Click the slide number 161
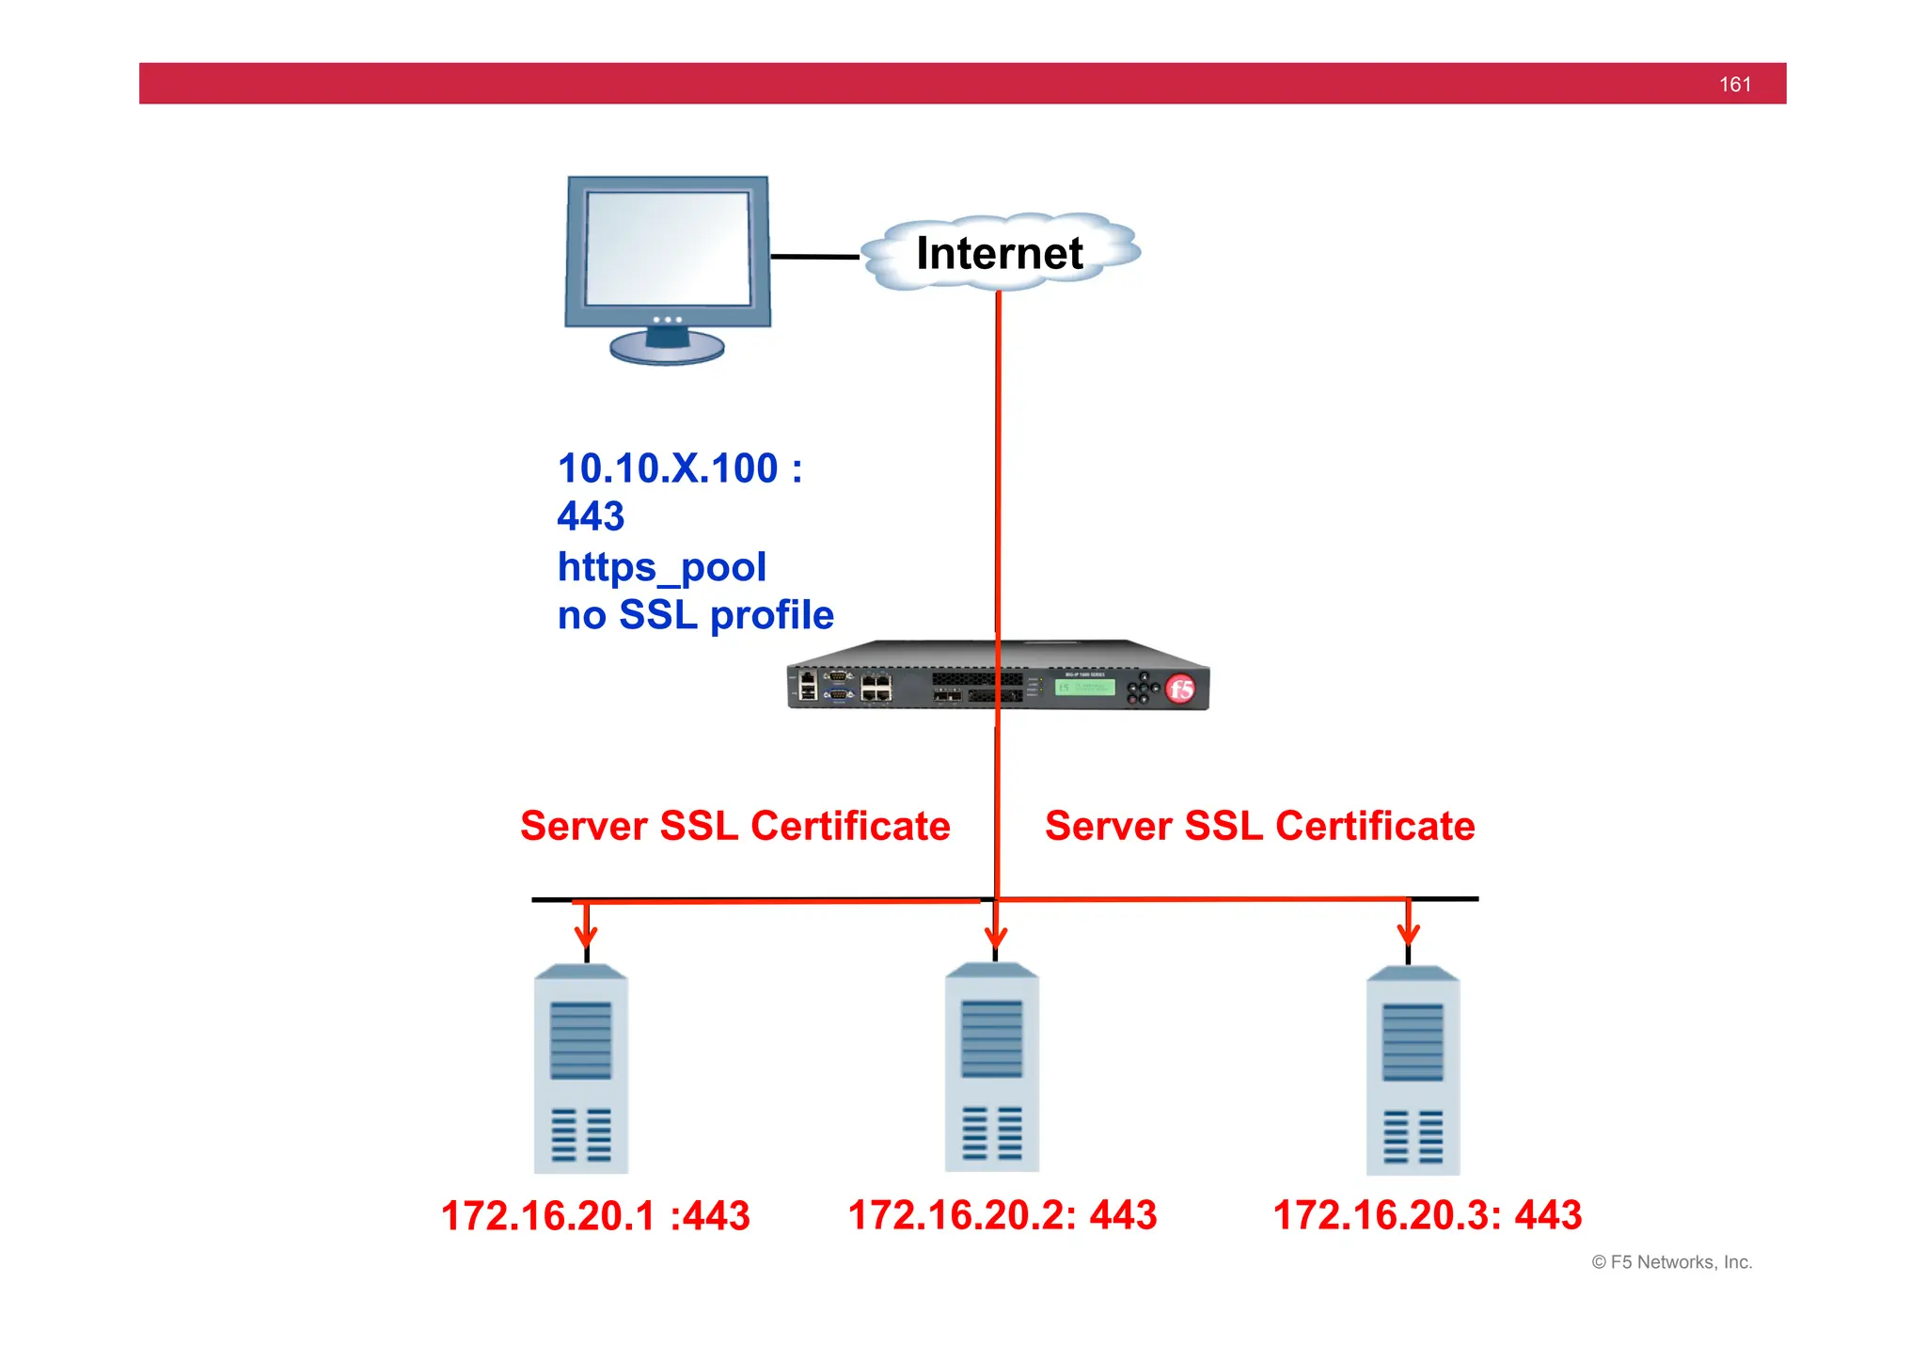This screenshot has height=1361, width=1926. (1734, 85)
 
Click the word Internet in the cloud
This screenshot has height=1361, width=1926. (999, 253)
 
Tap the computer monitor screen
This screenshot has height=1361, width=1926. (668, 248)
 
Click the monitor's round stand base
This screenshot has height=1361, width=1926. (667, 348)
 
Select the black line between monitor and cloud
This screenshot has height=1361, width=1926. (814, 256)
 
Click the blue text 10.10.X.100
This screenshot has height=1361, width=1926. (668, 468)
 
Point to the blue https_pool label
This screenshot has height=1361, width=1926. (661, 566)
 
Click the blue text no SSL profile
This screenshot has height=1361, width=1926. (695, 615)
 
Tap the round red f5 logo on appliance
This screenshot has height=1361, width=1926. (1180, 688)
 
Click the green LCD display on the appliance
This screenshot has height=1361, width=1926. (1084, 688)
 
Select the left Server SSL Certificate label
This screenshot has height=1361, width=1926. (734, 826)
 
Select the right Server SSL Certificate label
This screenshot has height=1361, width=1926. (1259, 826)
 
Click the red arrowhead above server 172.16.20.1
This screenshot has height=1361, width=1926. (586, 936)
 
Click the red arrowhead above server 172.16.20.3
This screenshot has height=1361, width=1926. (1408, 934)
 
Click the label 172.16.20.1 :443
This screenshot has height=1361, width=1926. (595, 1215)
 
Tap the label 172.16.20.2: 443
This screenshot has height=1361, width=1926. (1002, 1214)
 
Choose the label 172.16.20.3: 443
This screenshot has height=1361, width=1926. (1427, 1214)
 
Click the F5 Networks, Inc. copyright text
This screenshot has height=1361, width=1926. (1671, 1262)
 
